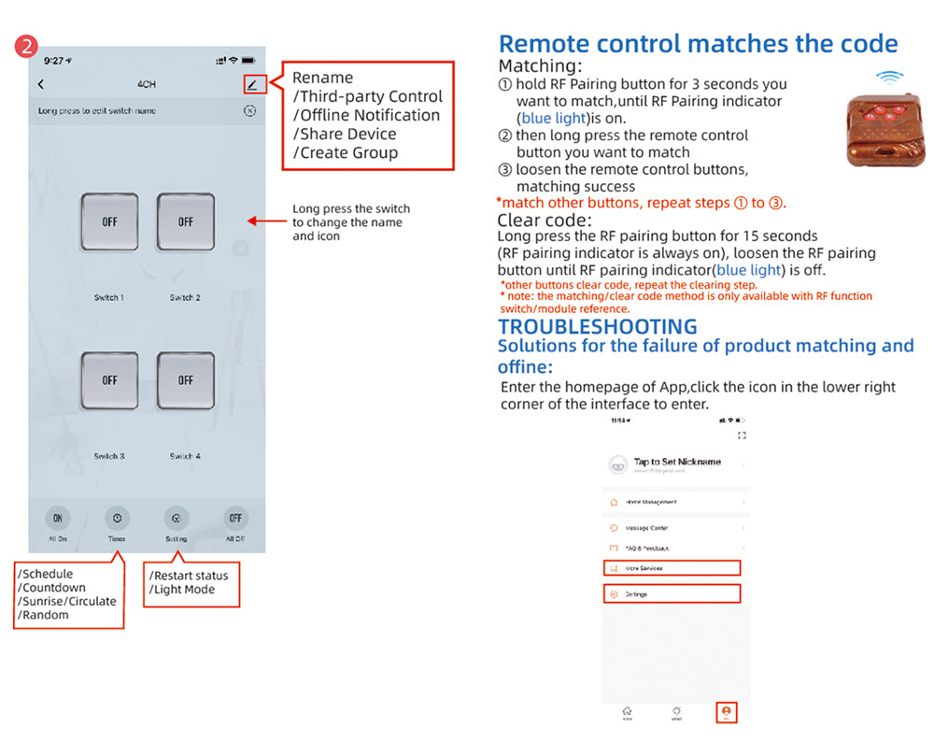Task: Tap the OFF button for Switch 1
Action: click(x=109, y=221)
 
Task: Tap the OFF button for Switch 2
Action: click(x=185, y=221)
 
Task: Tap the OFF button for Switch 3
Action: click(x=109, y=380)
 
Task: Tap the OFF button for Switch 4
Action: click(x=185, y=380)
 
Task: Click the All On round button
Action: click(x=58, y=518)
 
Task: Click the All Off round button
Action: click(x=235, y=518)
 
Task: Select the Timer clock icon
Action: click(x=116, y=518)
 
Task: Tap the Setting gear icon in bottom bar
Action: click(x=176, y=518)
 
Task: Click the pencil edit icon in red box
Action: click(x=251, y=84)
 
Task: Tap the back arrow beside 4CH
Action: click(x=41, y=84)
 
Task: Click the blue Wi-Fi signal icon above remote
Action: click(x=888, y=79)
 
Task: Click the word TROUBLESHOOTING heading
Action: click(x=597, y=326)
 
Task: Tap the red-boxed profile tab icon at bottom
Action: click(x=727, y=711)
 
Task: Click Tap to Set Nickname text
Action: click(x=677, y=462)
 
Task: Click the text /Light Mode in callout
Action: click(x=182, y=590)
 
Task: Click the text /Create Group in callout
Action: click(x=346, y=153)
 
